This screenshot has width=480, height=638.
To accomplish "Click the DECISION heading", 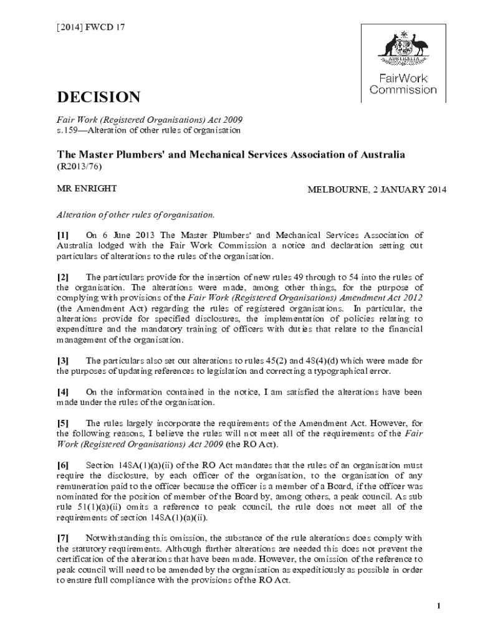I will (x=98, y=97).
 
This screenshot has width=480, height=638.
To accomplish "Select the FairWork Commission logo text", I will (x=403, y=84).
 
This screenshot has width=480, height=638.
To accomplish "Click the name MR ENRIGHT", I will (x=87, y=189).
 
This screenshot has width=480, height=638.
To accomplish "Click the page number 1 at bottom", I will (x=439, y=606).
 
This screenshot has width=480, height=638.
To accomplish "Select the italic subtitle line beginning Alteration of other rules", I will (x=136, y=214).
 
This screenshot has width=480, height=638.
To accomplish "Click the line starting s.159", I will (x=148, y=130).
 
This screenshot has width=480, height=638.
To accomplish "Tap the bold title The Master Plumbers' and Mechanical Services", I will (x=231, y=154).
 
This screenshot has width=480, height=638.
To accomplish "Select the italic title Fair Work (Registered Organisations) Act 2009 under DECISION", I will (x=150, y=120).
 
